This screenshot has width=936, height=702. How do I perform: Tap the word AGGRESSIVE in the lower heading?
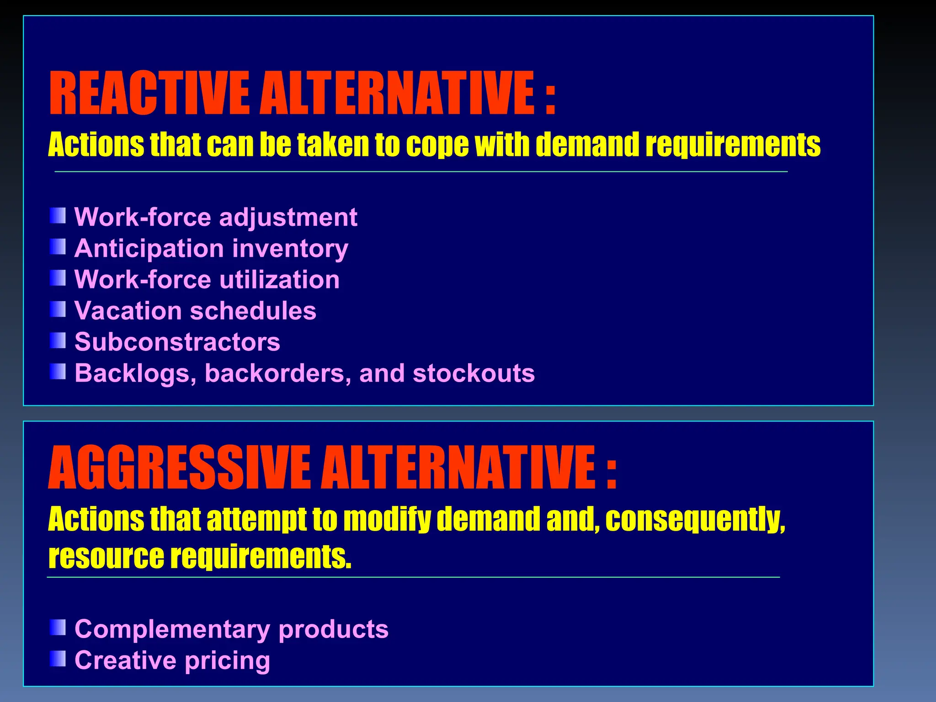click(179, 468)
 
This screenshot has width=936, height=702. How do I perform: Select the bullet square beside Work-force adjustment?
click(58, 216)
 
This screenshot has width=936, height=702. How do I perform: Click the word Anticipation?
click(149, 249)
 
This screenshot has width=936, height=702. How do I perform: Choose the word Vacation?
click(128, 311)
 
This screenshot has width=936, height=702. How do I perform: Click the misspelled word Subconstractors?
click(177, 342)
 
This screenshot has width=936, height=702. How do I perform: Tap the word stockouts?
click(473, 373)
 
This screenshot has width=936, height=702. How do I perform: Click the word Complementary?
click(172, 629)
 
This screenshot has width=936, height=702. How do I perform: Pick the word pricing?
click(227, 661)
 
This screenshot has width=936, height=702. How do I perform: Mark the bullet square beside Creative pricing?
click(58, 659)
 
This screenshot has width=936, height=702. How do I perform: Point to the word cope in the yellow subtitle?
click(437, 145)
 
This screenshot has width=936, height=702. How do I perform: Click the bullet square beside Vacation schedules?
click(58, 309)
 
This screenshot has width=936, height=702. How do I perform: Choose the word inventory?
click(290, 249)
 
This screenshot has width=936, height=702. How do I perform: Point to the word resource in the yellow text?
click(106, 557)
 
